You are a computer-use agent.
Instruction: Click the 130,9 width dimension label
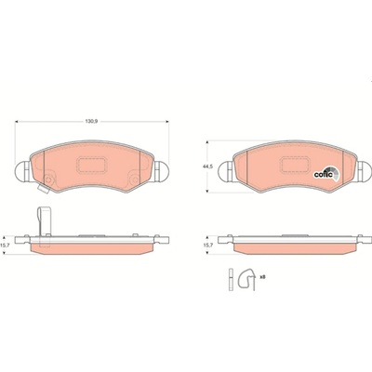click(91, 122)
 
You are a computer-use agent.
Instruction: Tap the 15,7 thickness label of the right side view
click(207, 245)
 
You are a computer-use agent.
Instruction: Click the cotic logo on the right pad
click(326, 174)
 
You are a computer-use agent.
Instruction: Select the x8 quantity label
click(262, 276)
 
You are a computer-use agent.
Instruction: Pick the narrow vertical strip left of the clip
click(231, 279)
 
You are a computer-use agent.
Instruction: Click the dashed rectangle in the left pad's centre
click(90, 165)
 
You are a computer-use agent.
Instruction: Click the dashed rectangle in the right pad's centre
click(295, 165)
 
